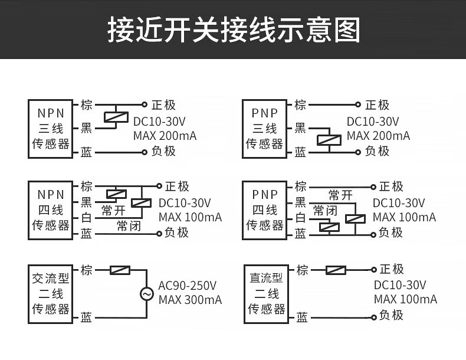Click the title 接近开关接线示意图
233,30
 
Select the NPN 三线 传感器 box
51,129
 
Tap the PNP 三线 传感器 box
264,129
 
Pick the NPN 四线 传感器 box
51,210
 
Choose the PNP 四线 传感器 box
264,210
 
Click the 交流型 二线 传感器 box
51,293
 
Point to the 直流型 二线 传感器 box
265,293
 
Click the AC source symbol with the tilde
146,293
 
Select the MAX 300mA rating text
190,300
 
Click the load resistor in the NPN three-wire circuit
116,117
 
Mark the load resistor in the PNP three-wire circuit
329,140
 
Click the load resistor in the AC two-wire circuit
120,270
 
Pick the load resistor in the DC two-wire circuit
336,270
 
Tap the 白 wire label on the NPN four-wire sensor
86,218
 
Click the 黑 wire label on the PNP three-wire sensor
300,128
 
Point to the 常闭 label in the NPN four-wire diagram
129,225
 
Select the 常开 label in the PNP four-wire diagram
341,195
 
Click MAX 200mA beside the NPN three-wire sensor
165,136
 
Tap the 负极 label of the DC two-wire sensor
391,315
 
